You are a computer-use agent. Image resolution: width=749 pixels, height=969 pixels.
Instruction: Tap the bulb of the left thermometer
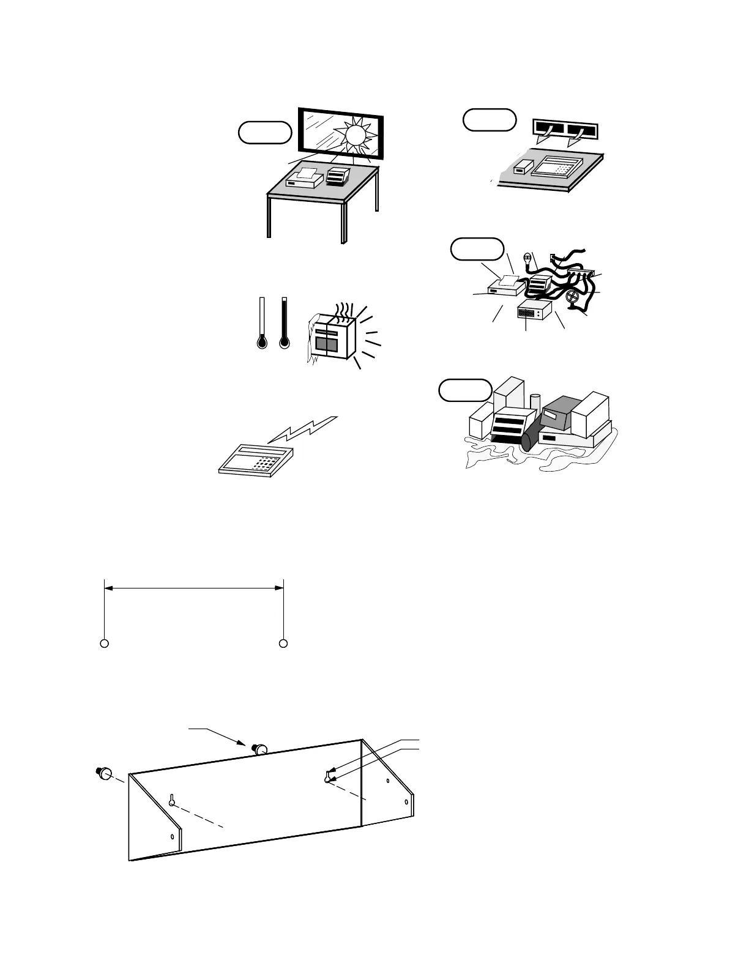[262, 342]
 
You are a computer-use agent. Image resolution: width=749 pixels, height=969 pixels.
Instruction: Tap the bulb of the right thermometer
[284, 342]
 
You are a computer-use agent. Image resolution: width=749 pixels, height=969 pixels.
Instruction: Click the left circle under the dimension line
[105, 644]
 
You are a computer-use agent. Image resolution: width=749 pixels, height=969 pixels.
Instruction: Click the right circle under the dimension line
[283, 644]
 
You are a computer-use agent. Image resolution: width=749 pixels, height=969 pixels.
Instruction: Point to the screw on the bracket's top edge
[260, 748]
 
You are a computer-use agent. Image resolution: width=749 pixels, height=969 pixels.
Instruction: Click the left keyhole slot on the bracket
[173, 800]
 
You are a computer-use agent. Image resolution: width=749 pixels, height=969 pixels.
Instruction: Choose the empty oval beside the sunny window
[264, 132]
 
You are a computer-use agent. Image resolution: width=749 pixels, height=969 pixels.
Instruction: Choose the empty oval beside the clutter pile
[465, 390]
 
